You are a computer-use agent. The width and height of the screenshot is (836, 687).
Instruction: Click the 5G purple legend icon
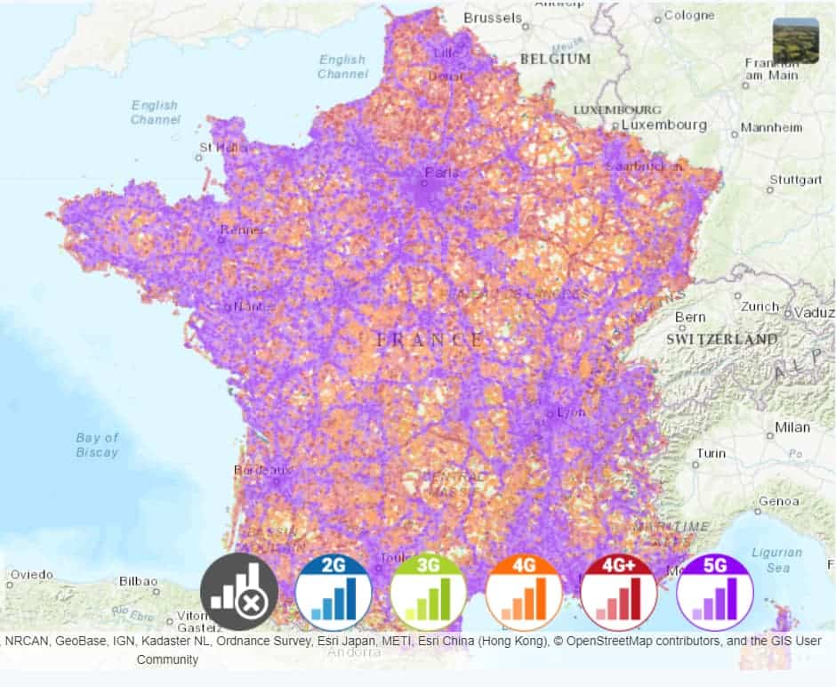tap(714, 592)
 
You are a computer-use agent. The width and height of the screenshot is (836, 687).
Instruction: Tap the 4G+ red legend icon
tap(619, 592)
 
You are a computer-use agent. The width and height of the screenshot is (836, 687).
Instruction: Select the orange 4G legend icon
tap(524, 592)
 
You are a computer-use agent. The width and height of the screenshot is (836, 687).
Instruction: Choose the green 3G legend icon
tap(429, 592)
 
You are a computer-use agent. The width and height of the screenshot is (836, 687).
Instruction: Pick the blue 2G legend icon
tap(334, 592)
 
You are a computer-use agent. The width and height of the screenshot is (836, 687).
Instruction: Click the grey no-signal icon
tap(238, 592)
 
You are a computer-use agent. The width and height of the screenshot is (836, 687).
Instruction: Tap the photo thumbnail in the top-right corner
tap(795, 41)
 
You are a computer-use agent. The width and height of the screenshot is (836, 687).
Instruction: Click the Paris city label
tap(442, 173)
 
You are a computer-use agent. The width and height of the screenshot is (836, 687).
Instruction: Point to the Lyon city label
tap(570, 412)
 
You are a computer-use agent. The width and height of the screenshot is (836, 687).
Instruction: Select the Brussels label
tap(493, 17)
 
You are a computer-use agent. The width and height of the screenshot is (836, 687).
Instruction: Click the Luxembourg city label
tap(663, 125)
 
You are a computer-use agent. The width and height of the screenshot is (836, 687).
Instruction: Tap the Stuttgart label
tap(795, 180)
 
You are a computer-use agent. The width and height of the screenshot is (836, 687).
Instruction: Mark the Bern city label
tap(690, 317)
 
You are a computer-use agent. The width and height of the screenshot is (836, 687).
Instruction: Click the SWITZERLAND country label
tap(722, 339)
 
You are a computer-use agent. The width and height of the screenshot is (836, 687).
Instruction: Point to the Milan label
tap(792, 427)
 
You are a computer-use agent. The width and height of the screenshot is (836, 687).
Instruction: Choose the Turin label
tap(711, 453)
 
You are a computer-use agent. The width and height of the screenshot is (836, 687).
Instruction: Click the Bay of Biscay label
tap(97, 445)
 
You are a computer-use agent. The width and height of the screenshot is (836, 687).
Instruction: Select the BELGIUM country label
tap(555, 59)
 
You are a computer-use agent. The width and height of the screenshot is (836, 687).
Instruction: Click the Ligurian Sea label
tap(777, 560)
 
